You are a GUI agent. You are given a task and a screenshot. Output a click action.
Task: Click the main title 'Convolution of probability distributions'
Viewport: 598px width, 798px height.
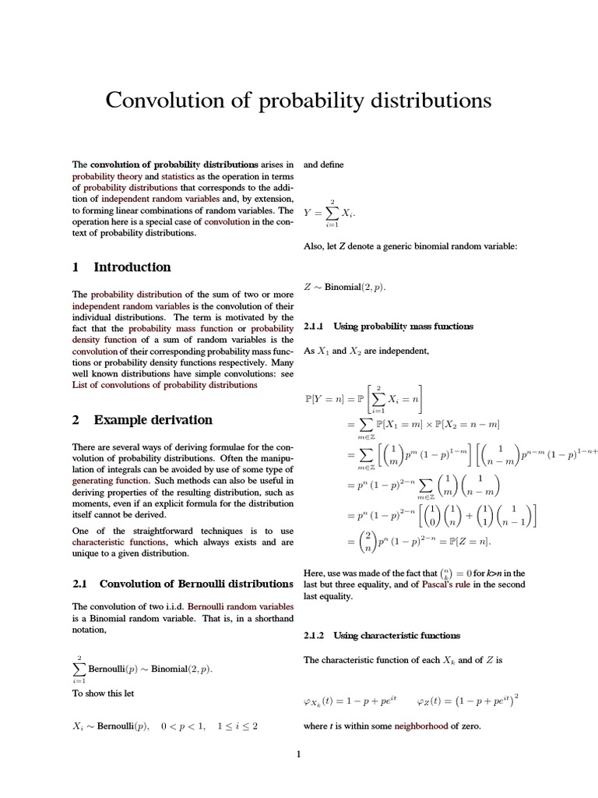point(298,101)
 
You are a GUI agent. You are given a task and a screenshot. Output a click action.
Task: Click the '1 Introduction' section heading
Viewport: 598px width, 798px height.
point(121,267)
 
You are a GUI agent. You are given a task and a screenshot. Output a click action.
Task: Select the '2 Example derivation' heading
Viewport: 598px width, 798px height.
point(142,420)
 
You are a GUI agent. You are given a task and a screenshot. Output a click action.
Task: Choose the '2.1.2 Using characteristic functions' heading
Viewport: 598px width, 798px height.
point(382,636)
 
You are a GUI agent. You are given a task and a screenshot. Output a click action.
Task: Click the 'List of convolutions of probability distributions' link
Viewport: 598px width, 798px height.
point(164,384)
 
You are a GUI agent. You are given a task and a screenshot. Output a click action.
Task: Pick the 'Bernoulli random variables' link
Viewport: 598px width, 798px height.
point(241,606)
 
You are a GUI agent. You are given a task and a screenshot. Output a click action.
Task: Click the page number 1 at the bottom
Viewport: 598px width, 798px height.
point(298,754)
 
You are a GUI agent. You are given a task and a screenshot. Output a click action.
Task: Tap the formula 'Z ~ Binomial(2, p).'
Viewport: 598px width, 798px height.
point(344,288)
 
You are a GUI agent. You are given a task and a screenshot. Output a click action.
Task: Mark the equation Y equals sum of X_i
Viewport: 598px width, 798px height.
point(331,212)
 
